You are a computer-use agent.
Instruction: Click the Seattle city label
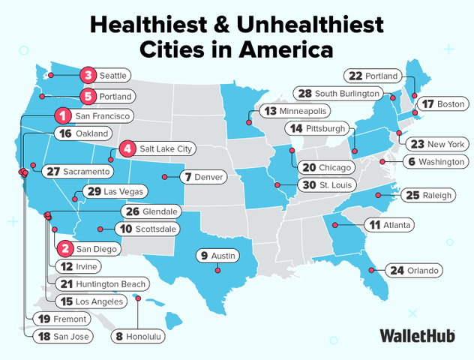tap(113, 75)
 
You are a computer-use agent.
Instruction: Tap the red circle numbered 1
tap(63, 116)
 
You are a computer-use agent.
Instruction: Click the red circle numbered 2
tap(65, 247)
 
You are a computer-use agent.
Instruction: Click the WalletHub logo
tap(418, 335)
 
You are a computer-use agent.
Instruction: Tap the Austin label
tap(223, 256)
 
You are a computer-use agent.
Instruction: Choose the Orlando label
tap(424, 270)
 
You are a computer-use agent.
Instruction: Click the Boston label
tap(451, 104)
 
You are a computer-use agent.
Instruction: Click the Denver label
tap(208, 178)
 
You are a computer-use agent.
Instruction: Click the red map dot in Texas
tap(217, 270)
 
